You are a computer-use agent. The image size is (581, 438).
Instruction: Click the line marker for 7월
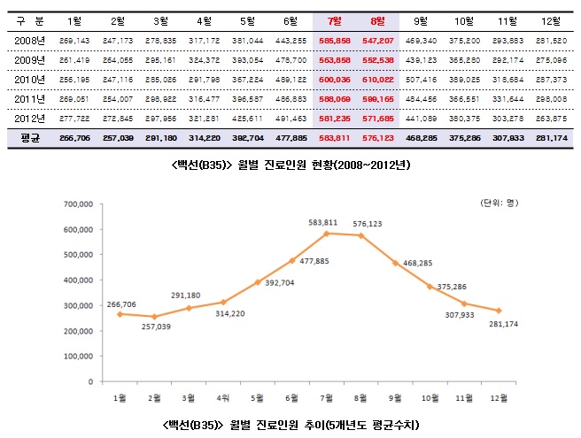click(326, 233)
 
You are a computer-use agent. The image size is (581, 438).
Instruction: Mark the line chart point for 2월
click(155, 317)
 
